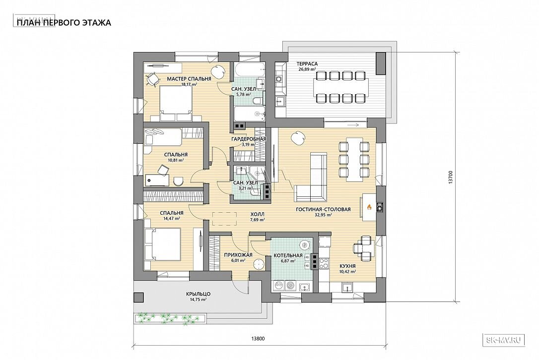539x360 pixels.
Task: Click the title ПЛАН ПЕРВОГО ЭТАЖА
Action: tap(64, 23)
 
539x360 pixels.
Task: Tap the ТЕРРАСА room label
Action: tap(307, 63)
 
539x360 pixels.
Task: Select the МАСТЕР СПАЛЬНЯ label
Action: tap(189, 79)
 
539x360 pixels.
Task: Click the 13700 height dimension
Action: tap(451, 178)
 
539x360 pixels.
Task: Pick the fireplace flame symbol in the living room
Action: tap(369, 207)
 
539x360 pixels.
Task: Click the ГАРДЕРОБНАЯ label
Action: tap(249, 139)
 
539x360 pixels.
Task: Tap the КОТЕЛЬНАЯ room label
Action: tap(288, 255)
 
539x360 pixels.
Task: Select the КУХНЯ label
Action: tap(347, 266)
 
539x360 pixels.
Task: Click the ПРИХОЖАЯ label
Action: tap(238, 255)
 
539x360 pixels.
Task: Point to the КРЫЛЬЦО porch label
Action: tap(199, 294)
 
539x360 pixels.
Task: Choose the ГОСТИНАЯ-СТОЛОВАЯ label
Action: tap(323, 209)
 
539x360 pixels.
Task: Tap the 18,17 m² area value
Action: tap(190, 84)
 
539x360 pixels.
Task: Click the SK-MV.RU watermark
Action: tap(504, 340)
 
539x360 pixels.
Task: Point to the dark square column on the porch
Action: tap(139, 298)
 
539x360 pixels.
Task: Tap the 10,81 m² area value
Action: tap(176, 160)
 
